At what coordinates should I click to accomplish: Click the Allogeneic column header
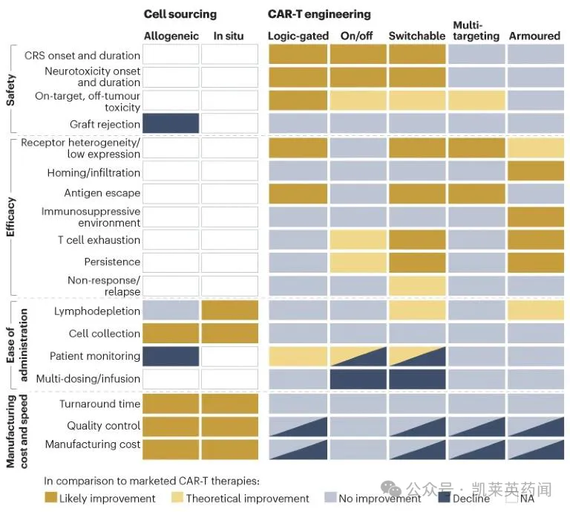170,36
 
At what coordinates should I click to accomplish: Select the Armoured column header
534,36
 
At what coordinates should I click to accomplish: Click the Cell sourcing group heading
180,14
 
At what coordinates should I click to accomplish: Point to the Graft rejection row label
105,124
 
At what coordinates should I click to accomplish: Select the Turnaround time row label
99,404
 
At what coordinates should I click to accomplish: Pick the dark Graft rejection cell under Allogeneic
171,123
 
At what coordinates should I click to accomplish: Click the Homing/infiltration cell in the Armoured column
535,171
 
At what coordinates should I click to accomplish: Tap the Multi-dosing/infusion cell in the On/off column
358,379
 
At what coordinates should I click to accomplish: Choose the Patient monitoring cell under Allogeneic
171,356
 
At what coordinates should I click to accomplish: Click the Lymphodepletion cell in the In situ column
230,311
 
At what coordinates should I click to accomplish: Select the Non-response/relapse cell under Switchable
417,286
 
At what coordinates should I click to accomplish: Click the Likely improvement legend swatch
50,498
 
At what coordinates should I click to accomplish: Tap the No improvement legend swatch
330,498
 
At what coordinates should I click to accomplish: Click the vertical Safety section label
10,86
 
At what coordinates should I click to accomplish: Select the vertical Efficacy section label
10,216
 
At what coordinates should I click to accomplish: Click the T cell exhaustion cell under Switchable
417,240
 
